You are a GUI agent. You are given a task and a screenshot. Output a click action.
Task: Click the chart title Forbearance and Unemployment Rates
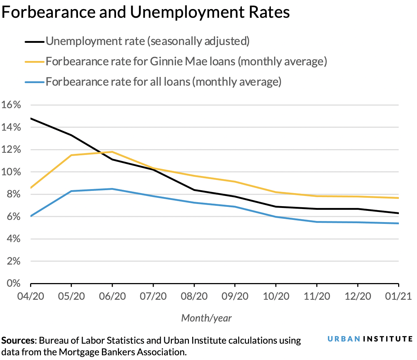click(x=145, y=13)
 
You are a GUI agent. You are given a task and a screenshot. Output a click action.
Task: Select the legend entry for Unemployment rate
click(x=148, y=41)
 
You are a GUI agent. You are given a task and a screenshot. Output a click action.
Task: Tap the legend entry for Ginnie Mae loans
click(x=186, y=61)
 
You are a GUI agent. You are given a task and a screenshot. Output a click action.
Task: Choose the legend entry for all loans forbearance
click(x=163, y=82)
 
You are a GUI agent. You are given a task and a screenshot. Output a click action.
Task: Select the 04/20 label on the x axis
click(x=30, y=296)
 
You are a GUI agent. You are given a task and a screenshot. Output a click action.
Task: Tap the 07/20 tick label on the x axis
click(x=153, y=296)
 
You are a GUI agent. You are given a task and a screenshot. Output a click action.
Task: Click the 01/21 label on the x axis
click(x=399, y=296)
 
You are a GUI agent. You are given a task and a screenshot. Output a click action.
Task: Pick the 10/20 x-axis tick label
click(x=276, y=296)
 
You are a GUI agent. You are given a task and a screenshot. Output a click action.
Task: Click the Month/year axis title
click(x=206, y=318)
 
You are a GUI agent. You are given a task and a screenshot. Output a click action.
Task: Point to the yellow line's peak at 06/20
click(x=112, y=152)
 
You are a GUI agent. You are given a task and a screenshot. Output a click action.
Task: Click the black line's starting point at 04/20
click(x=31, y=118)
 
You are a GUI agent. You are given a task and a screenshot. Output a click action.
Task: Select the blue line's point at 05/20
click(x=71, y=191)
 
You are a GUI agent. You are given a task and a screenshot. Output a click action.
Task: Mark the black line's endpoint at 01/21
click(x=399, y=213)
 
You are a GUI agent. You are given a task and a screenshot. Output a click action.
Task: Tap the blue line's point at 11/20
click(x=317, y=222)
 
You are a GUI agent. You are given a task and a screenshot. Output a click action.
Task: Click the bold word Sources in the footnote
click(x=18, y=341)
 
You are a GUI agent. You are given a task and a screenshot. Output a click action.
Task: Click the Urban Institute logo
click(x=370, y=339)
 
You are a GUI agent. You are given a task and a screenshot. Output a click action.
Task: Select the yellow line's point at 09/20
click(x=235, y=181)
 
